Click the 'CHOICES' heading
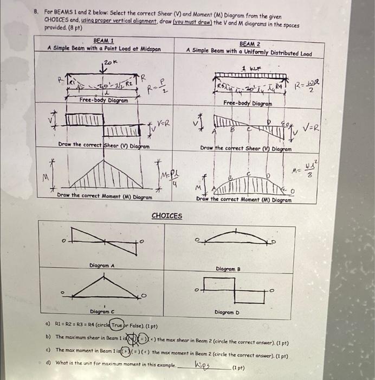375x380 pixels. coord(167,216)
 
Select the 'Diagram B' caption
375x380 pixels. coord(228,269)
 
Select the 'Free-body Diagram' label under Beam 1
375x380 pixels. coord(104,100)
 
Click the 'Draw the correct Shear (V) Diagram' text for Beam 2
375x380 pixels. coord(245,149)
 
